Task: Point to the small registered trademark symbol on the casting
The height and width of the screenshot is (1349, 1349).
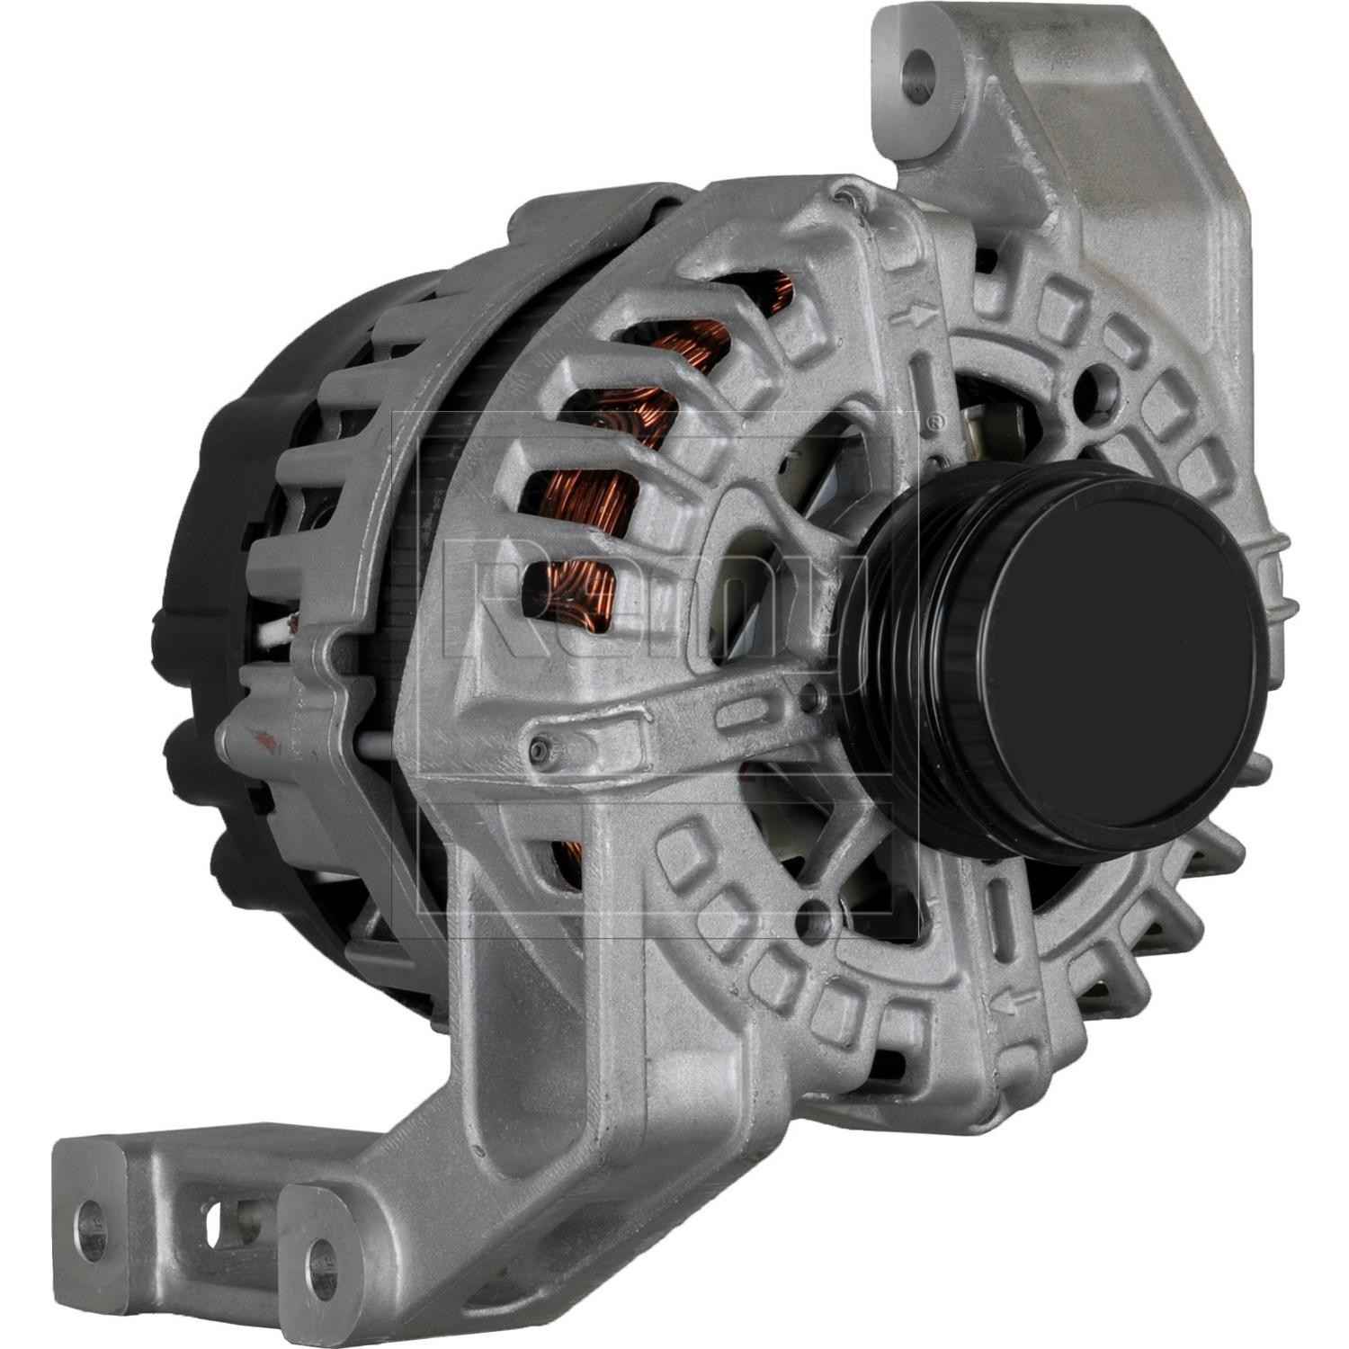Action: (937, 420)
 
